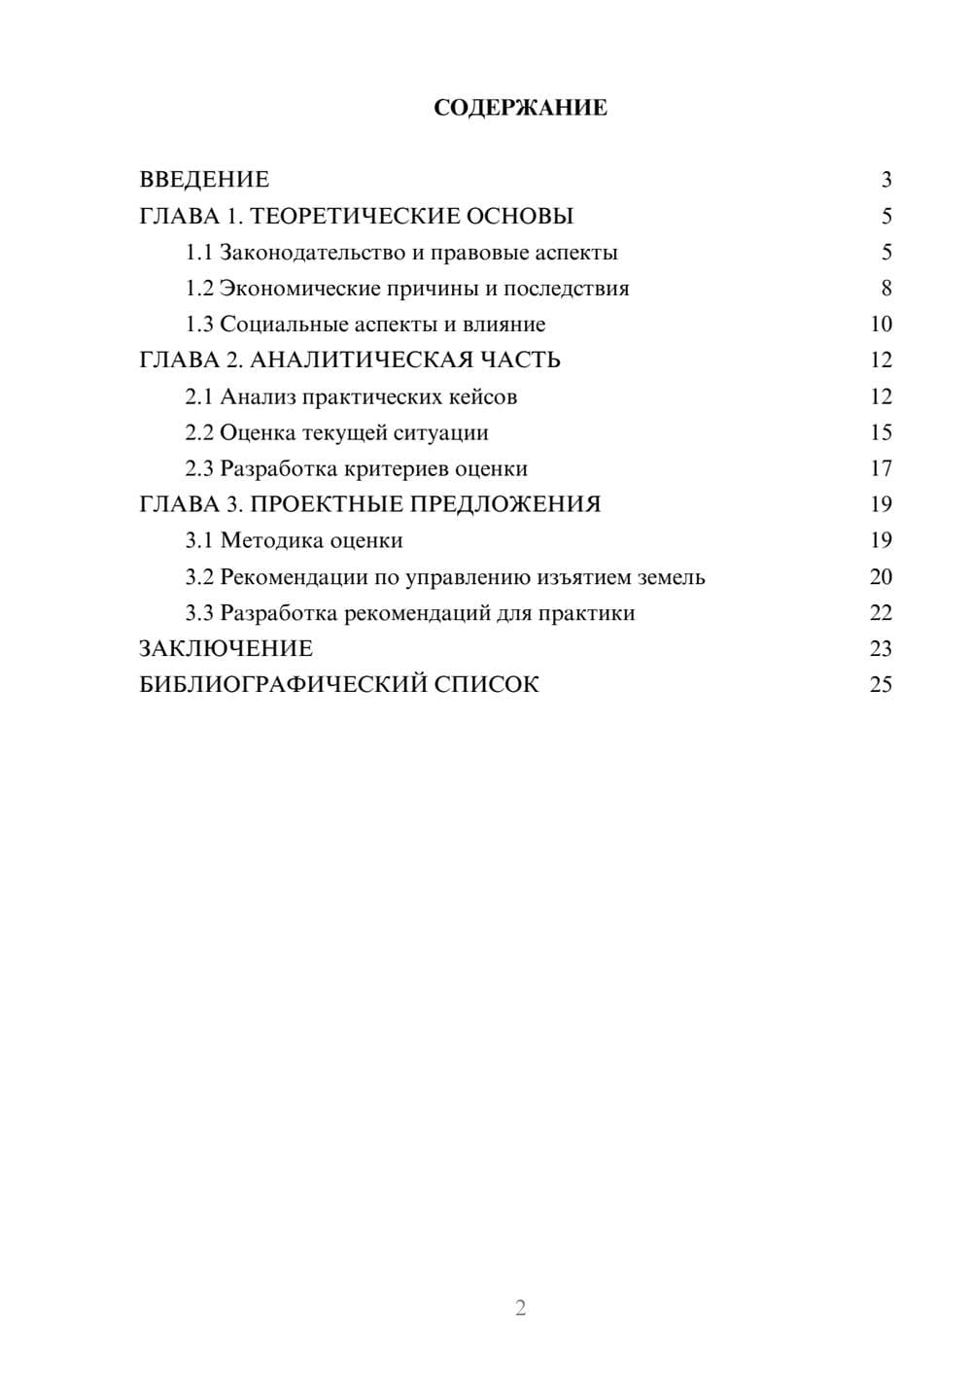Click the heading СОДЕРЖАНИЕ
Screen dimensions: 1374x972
coord(520,108)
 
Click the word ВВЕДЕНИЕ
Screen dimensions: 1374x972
coord(204,180)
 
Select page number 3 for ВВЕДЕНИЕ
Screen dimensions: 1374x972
coord(885,180)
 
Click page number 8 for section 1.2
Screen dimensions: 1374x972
coord(885,289)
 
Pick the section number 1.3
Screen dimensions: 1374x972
coord(199,325)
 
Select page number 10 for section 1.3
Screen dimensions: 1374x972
coord(881,325)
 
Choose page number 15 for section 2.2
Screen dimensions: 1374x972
coord(881,432)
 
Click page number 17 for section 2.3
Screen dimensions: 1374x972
coord(881,468)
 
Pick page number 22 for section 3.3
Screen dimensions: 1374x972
coord(881,613)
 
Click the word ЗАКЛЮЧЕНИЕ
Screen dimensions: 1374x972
coord(226,649)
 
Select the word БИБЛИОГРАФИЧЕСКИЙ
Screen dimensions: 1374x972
coord(283,685)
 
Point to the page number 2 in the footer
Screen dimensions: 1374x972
coord(520,1308)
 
